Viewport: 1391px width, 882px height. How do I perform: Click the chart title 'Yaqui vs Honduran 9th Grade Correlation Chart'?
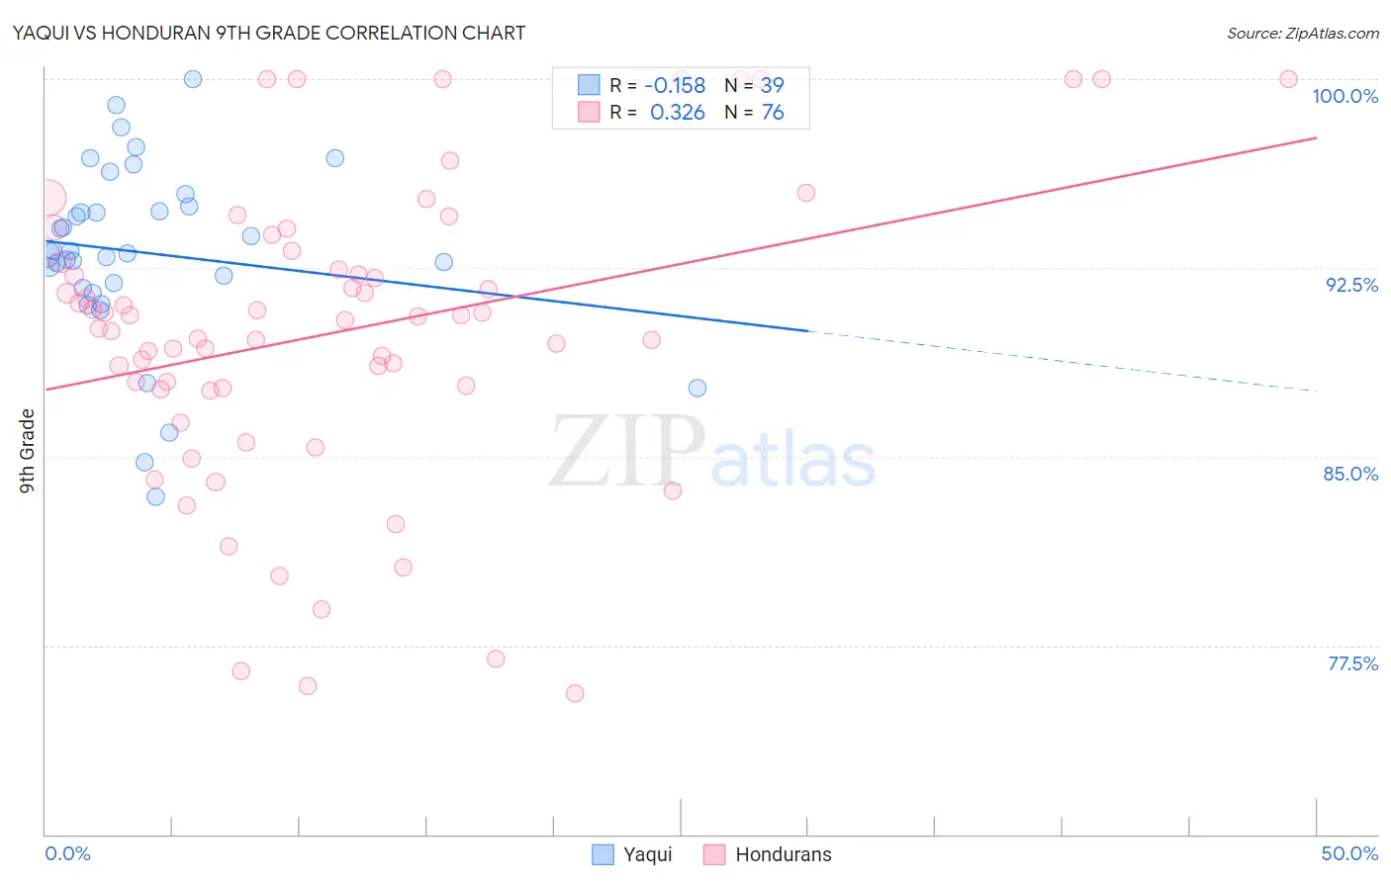click(x=269, y=33)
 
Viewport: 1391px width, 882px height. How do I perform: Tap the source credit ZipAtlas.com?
click(x=1302, y=33)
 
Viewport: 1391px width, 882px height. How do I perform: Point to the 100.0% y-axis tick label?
click(x=1345, y=96)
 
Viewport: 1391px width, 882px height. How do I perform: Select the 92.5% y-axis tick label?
click(x=1351, y=285)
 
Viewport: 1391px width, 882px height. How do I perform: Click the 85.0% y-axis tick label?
click(x=1350, y=474)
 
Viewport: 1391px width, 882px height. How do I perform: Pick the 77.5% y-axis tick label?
click(x=1352, y=663)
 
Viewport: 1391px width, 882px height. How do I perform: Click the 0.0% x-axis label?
click(x=67, y=853)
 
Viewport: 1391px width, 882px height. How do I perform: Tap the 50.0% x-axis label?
click(x=1349, y=853)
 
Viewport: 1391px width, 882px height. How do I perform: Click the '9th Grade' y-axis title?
click(x=28, y=451)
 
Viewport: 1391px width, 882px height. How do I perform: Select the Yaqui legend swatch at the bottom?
click(x=603, y=854)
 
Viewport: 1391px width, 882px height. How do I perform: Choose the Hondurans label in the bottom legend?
click(x=783, y=854)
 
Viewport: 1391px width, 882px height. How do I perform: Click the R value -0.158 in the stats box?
click(x=675, y=86)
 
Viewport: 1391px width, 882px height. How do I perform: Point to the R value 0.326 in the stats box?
click(x=677, y=113)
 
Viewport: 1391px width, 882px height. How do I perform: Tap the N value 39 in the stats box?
click(x=772, y=86)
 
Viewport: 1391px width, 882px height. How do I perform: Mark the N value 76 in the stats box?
click(x=772, y=113)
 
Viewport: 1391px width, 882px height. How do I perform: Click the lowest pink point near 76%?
click(x=575, y=693)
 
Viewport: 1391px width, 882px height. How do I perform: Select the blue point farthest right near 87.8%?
click(x=697, y=388)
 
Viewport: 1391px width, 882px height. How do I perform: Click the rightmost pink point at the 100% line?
click(x=1288, y=79)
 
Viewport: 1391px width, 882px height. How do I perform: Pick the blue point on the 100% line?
click(x=193, y=79)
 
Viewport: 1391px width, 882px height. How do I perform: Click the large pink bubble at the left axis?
click(x=46, y=199)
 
